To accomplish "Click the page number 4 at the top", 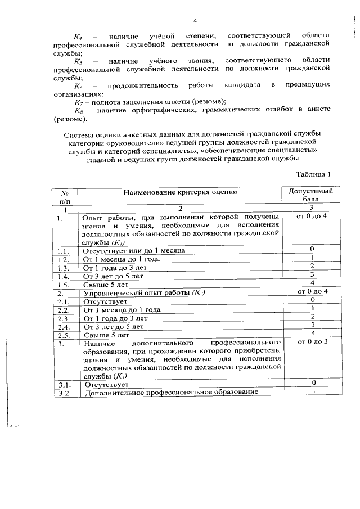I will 195,21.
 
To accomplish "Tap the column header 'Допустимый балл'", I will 311,195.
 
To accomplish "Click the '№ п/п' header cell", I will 65,196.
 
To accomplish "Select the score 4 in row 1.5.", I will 311,282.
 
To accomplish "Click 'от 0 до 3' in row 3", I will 311,341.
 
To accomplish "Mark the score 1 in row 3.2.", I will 311,391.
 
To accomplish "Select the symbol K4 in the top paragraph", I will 78,35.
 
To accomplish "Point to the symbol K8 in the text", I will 78,111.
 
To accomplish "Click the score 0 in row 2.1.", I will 311,300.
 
